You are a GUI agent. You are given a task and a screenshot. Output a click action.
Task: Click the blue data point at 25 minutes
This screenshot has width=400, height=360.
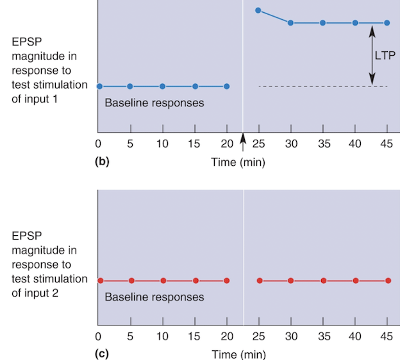[258, 10]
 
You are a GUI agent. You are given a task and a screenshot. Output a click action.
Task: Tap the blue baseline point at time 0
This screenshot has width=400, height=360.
[99, 86]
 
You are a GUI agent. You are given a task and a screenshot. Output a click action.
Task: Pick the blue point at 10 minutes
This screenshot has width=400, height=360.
[162, 86]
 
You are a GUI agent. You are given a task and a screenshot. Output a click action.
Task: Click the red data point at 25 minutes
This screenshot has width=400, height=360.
[259, 281]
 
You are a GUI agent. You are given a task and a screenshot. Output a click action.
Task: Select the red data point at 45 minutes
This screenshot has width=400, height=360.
[388, 281]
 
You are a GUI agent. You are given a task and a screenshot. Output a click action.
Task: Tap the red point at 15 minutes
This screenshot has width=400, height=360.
[196, 281]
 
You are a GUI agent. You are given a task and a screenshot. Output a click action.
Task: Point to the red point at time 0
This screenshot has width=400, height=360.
[100, 281]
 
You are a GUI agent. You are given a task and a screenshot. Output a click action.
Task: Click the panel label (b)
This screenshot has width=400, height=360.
[102, 161]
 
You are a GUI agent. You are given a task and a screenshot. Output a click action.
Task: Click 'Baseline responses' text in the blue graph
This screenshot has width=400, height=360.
[154, 102]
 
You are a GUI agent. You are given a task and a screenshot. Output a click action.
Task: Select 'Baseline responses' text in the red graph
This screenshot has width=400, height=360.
[154, 297]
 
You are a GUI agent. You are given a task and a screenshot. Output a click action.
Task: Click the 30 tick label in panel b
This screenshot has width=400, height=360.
[291, 143]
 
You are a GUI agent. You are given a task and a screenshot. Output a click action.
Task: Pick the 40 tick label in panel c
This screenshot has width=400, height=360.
[355, 337]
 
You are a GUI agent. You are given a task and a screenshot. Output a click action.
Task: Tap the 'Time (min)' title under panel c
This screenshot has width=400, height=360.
[238, 354]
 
